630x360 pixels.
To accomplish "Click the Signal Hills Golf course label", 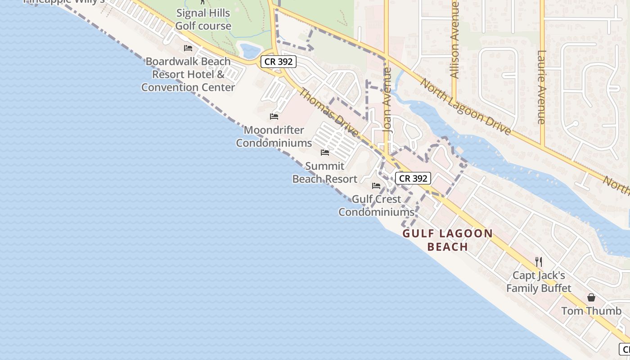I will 203,19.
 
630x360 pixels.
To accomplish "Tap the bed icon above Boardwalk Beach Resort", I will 188,48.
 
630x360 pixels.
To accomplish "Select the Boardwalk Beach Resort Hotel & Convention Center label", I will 188,74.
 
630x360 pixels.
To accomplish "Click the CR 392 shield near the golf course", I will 279,62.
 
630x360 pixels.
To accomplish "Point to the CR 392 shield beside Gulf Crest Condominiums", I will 413,178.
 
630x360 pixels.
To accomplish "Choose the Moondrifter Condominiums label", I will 274,136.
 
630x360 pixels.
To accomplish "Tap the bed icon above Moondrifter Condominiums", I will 274,117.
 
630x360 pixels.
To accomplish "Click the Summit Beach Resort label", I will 325,172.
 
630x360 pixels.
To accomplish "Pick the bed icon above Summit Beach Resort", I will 325,153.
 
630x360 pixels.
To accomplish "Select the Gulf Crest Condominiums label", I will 376,205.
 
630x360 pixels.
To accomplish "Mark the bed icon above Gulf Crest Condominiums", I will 376,185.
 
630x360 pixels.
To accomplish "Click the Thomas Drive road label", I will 329,112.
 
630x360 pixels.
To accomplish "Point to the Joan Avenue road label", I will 387,99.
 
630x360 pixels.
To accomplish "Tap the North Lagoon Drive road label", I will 466,107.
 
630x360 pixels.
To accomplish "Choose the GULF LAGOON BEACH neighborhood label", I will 447,240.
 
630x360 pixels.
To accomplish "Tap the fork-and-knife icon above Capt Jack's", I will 538,261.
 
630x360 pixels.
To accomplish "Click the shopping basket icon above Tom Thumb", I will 591,297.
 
